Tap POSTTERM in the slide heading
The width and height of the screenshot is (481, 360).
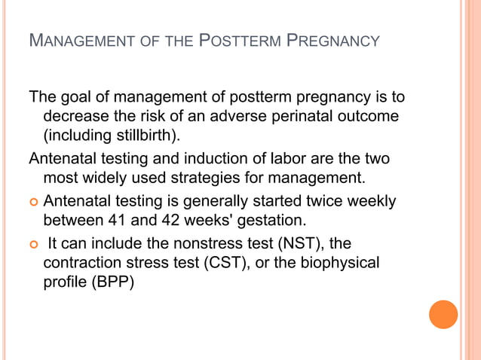pos(239,40)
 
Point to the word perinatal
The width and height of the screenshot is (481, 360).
pos(293,117)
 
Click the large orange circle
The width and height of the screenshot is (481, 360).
pos(443,314)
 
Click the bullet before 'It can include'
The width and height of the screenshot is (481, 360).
pos(34,245)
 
